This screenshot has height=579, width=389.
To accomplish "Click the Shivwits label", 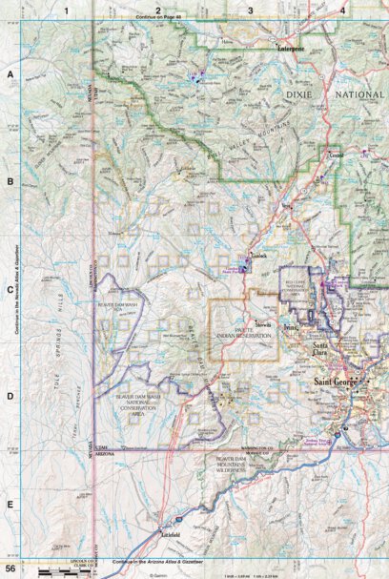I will (x=264, y=325).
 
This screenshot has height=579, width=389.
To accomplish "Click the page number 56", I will (x=10, y=569).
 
